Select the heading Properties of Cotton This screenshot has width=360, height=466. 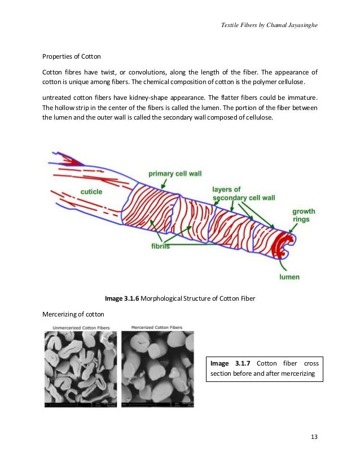pyautogui.click(x=72, y=57)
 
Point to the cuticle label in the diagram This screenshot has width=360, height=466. pyautogui.click(x=91, y=192)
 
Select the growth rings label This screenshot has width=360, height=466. pyautogui.click(x=303, y=216)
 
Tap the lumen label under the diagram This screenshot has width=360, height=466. pyautogui.click(x=289, y=277)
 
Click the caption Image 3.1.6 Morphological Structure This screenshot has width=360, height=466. pyautogui.click(x=180, y=298)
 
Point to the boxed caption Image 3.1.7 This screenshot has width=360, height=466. pyautogui.click(x=264, y=368)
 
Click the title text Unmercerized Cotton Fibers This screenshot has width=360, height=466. pyautogui.click(x=81, y=328)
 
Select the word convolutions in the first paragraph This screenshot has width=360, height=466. pyautogui.click(x=152, y=73)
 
